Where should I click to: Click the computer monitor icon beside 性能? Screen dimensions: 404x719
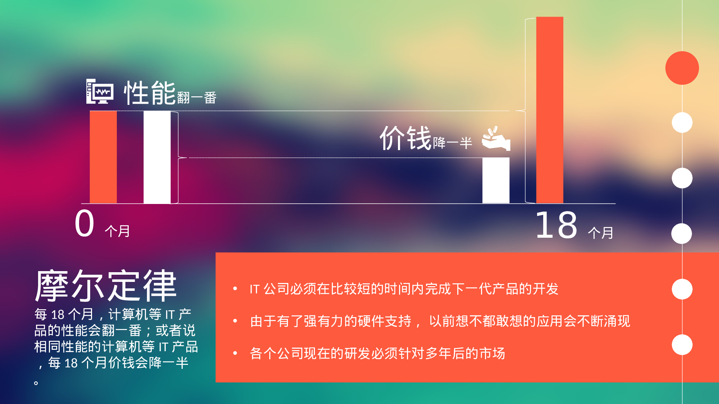[100, 92]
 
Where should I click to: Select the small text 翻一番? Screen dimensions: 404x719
[197, 98]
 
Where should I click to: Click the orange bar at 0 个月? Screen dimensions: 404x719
[103, 157]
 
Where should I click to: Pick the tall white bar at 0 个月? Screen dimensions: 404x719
[157, 157]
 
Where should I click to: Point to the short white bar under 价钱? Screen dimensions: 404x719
[496, 180]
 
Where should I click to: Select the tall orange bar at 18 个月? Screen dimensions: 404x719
[550, 110]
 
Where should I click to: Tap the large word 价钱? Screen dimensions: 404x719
[406, 138]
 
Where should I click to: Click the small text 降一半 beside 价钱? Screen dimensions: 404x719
[452, 143]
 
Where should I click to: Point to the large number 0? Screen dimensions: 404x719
[84, 224]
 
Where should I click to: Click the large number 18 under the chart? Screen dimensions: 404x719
[556, 225]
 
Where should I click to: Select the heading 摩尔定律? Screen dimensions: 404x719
[106, 286]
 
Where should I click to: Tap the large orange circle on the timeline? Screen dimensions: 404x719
[682, 68]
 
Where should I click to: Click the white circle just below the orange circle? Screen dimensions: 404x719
[682, 122]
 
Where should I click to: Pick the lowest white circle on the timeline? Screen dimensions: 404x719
[682, 344]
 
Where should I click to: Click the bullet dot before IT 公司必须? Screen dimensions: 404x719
[235, 288]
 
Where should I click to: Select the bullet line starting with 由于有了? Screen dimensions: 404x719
[440, 321]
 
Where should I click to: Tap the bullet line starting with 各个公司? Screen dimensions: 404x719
[377, 353]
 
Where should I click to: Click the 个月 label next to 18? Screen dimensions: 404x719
[600, 233]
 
